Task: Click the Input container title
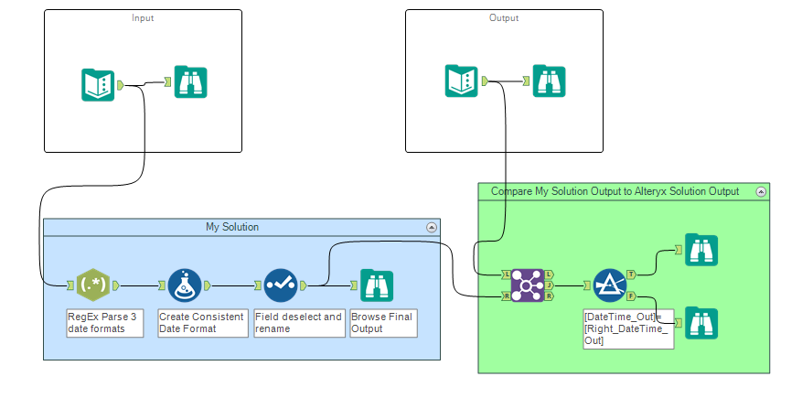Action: point(143,18)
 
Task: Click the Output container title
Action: point(504,18)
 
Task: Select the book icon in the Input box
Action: point(97,84)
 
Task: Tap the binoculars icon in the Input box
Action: point(190,83)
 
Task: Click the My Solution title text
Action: point(231,227)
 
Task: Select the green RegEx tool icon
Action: point(93,285)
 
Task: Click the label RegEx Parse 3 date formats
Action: point(104,323)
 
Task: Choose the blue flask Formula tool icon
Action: point(184,285)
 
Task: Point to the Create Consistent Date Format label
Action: point(201,323)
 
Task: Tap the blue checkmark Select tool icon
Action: point(282,285)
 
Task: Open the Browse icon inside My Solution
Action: point(376,285)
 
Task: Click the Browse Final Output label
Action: point(382,323)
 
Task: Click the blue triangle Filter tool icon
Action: point(609,285)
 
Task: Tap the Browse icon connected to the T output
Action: point(701,250)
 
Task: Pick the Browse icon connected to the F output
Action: point(701,323)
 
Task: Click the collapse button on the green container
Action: point(759,191)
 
